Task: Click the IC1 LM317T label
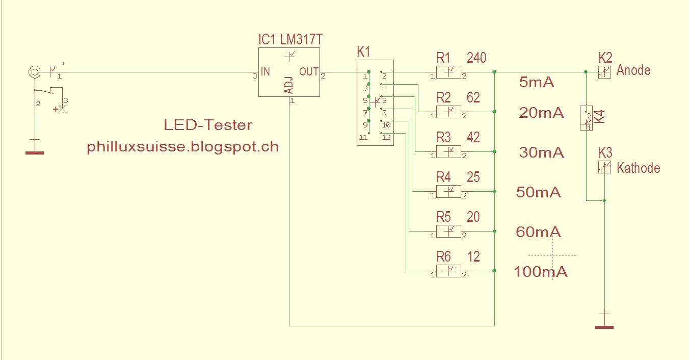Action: (290, 40)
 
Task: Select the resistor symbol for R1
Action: (448, 72)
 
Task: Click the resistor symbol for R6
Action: (448, 271)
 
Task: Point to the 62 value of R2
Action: (473, 97)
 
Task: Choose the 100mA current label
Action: (540, 272)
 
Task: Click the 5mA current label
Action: (536, 82)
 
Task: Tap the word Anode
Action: (633, 70)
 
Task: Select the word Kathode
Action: (638, 168)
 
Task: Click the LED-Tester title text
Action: (208, 125)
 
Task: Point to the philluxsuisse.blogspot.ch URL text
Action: (183, 147)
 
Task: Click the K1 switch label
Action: (364, 52)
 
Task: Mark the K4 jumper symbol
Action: (586, 118)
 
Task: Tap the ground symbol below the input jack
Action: (35, 151)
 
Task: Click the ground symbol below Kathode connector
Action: (604, 326)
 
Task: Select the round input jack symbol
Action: (34, 72)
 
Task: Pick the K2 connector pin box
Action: (604, 72)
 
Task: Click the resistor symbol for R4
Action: (448, 191)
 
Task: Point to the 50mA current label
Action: (538, 192)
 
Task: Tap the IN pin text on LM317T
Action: (265, 72)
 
